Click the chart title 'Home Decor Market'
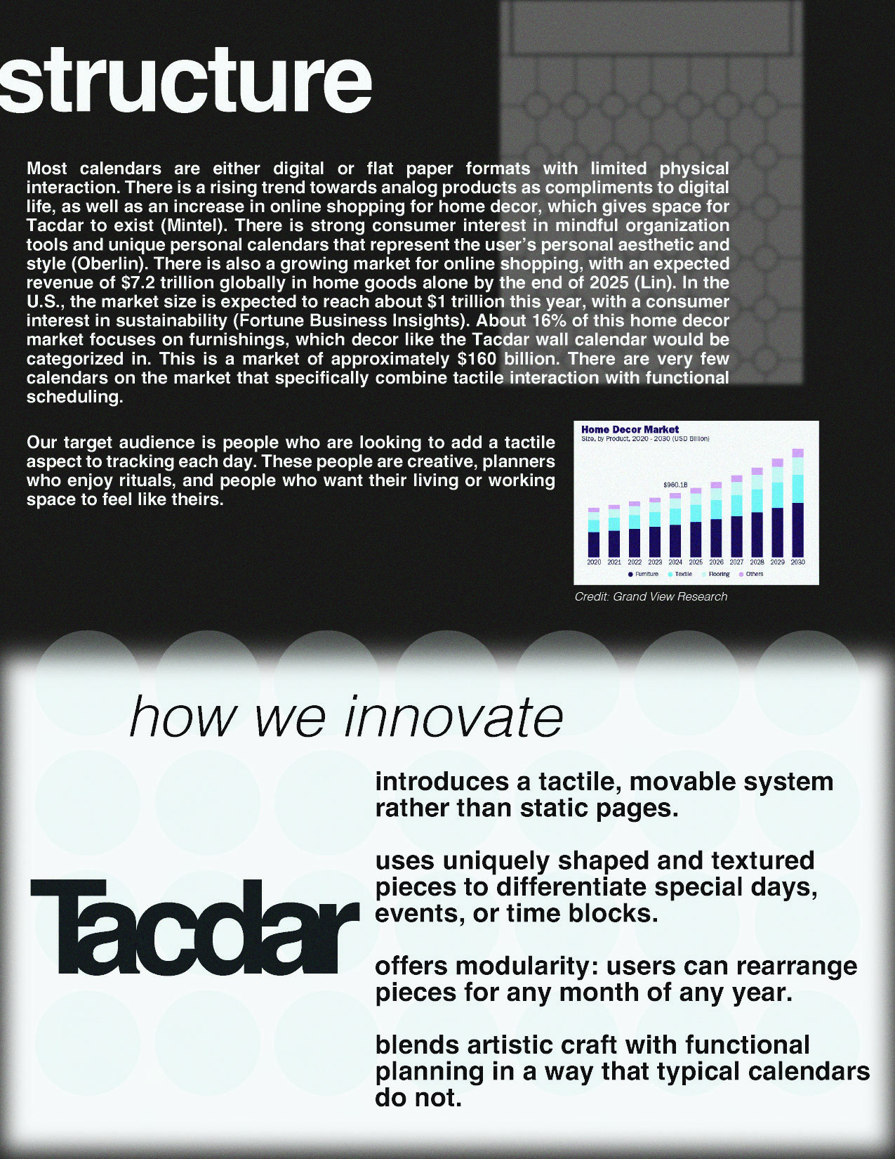[630, 429]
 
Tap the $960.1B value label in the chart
[675, 485]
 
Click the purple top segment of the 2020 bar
[594, 509]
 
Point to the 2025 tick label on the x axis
[696, 562]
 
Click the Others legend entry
[753, 574]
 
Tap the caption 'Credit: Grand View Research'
[651, 596]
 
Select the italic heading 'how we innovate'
[346, 717]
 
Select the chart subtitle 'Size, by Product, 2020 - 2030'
[644, 439]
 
